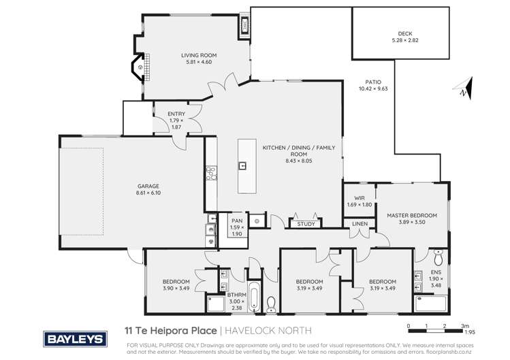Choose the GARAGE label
129,186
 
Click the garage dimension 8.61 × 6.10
129,193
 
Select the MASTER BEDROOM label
412,216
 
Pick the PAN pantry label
237,221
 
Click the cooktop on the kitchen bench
210,176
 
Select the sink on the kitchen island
242,165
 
